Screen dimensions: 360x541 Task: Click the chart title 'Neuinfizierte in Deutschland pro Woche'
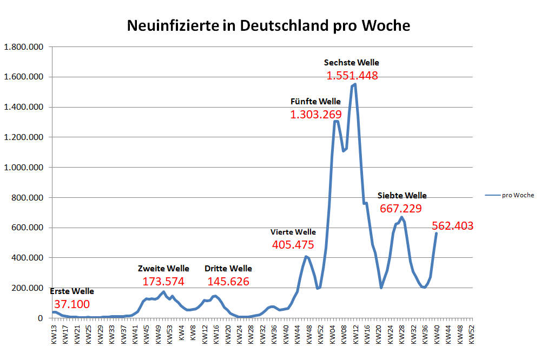point(268,25)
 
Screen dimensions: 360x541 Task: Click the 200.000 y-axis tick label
point(27,288)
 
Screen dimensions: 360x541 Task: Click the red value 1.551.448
point(352,76)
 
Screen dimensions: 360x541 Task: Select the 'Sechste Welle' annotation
point(352,63)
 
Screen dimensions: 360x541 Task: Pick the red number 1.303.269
point(316,115)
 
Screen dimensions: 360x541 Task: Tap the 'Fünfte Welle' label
point(315,102)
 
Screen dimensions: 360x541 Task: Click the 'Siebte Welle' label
point(402,196)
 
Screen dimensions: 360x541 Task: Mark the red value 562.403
point(453,226)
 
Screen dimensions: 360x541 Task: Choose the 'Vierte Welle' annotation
point(293,232)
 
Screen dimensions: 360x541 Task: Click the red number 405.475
point(293,245)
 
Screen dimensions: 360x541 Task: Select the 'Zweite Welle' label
point(163,269)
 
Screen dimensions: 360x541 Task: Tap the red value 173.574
point(163,282)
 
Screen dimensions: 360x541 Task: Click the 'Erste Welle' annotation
point(72,291)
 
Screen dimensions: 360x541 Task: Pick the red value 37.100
point(72,304)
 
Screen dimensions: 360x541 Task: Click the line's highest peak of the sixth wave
point(355,84)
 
